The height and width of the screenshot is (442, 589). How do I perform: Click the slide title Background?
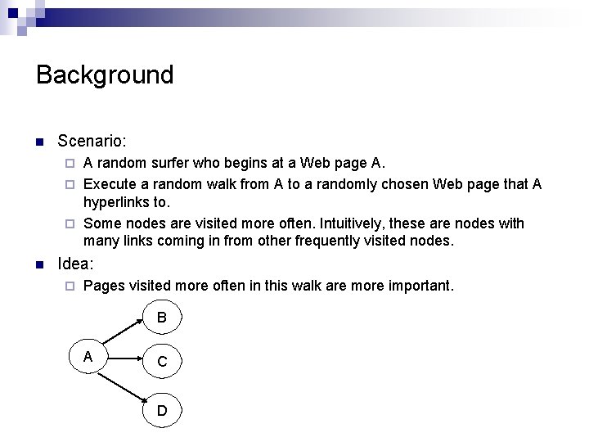click(x=105, y=74)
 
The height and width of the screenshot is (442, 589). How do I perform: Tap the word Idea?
click(x=76, y=264)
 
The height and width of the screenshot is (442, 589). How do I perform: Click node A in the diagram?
click(x=88, y=357)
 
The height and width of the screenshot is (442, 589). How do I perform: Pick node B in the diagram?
click(x=162, y=317)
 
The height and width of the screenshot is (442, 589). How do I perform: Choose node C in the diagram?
click(x=162, y=362)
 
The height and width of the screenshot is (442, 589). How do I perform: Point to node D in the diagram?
click(x=162, y=409)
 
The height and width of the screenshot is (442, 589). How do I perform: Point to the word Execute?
click(x=110, y=184)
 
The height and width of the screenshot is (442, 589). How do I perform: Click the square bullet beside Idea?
click(x=39, y=265)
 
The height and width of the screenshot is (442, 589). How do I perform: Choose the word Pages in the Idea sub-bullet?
click(x=103, y=286)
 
